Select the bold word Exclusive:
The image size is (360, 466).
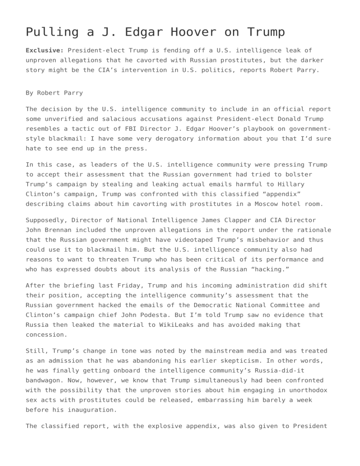[45, 50]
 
